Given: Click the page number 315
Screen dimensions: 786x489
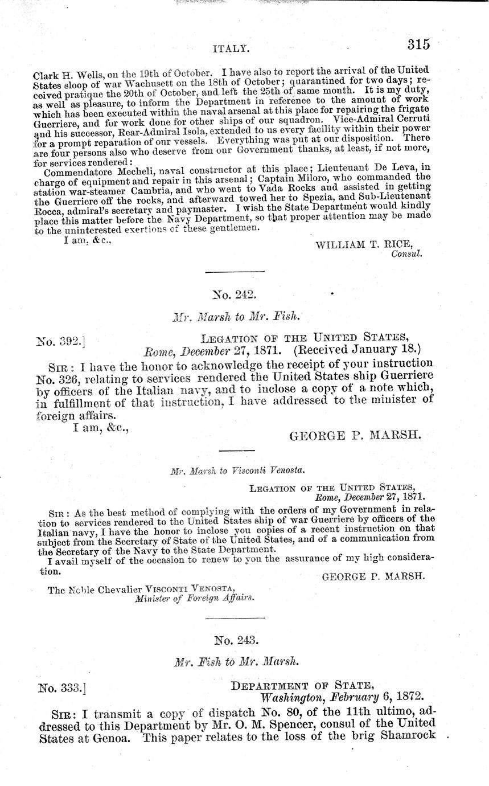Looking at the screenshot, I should click(418, 44).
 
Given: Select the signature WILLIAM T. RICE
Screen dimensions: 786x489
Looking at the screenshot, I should click(363, 244).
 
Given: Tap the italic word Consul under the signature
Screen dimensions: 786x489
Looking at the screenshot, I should click(406, 254).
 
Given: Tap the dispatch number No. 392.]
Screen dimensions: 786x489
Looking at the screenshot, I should click(61, 342).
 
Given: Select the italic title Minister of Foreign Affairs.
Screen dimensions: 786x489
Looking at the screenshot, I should click(194, 598).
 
